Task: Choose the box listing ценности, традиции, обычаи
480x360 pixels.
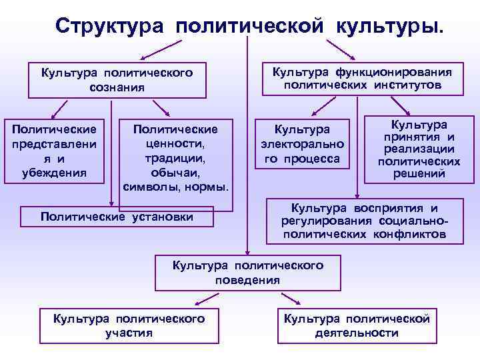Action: click(176, 157)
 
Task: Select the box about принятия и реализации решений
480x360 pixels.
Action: click(419, 149)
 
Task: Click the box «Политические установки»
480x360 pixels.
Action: click(117, 216)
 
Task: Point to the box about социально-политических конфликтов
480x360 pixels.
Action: click(365, 221)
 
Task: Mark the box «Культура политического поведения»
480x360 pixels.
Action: click(248, 272)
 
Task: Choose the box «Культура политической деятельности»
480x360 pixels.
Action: click(357, 325)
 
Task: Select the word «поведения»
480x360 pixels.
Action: click(248, 279)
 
